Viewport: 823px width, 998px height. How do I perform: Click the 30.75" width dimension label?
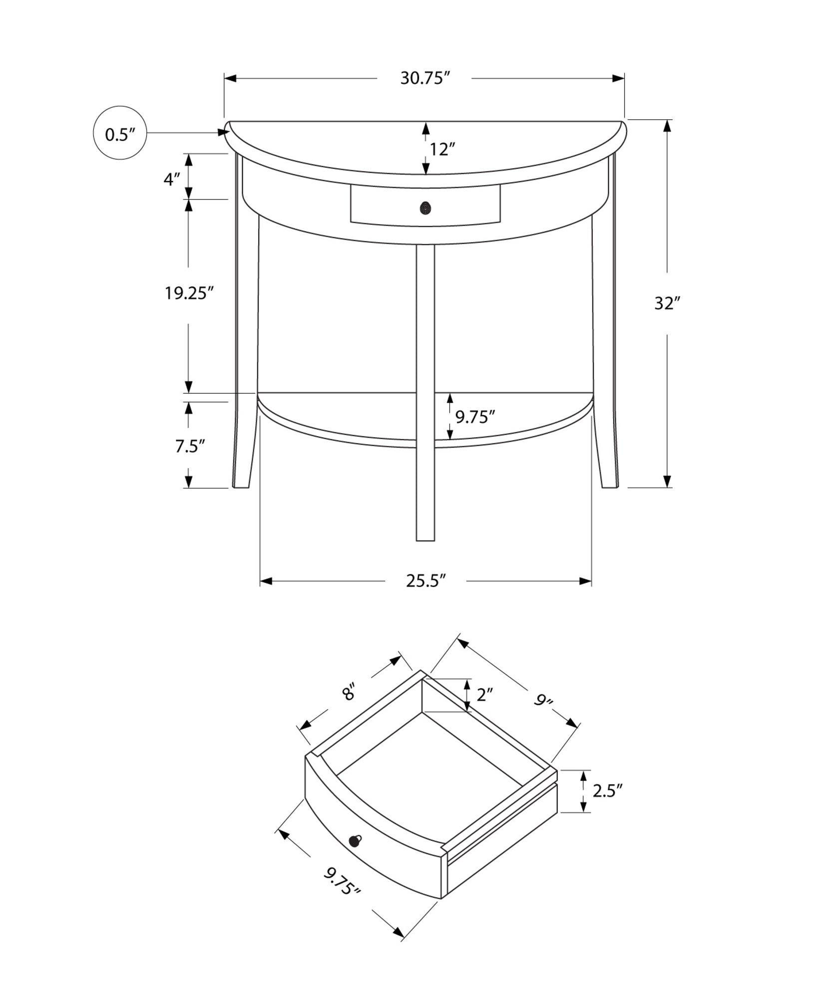pos(425,78)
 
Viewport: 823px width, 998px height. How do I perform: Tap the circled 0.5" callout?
pos(120,133)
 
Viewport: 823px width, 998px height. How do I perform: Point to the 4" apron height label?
pos(171,179)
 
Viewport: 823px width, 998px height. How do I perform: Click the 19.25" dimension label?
pos(189,293)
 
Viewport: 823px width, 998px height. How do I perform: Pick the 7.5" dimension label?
pos(190,446)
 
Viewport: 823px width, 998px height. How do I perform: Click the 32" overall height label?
pos(668,303)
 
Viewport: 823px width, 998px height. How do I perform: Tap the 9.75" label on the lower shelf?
pos(474,416)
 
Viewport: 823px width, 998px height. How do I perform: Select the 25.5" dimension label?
pos(425,581)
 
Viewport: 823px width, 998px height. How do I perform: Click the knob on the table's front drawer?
pos(425,208)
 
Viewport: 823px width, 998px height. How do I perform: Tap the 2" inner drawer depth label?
pos(484,694)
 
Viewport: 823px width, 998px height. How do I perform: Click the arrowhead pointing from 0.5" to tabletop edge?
pos(223,132)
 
